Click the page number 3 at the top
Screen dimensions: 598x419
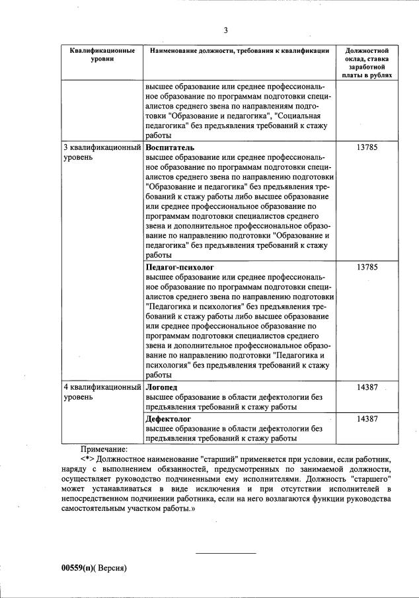click(225, 30)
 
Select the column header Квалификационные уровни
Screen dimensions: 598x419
click(102, 55)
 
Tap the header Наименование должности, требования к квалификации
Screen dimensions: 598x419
click(239, 51)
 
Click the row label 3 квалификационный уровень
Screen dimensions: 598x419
click(102, 153)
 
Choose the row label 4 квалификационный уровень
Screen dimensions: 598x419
click(102, 392)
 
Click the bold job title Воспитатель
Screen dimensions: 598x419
click(170, 147)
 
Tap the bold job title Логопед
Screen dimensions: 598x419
click(162, 387)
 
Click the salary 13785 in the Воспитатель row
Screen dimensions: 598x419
click(366, 147)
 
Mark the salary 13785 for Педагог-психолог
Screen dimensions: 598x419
click(366, 266)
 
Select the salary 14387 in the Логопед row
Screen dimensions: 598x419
click(366, 387)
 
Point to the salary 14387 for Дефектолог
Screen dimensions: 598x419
click(366, 419)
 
